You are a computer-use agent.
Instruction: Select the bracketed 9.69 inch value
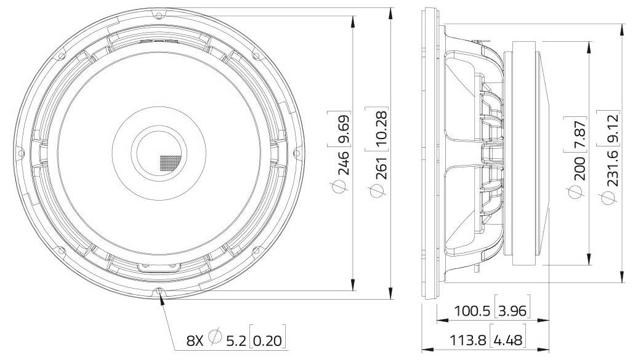(x=344, y=129)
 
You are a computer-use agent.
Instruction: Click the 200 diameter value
(x=579, y=169)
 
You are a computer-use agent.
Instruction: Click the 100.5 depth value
(x=472, y=311)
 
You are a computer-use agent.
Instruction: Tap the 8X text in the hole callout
(x=196, y=338)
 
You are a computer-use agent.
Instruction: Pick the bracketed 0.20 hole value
(x=269, y=338)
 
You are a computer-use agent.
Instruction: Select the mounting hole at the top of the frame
(x=159, y=14)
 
